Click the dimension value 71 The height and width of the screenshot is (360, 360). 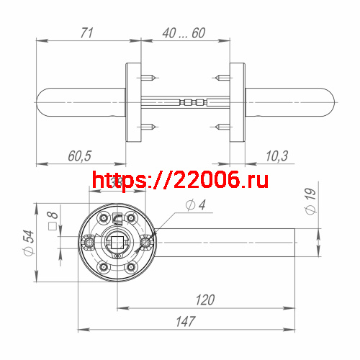(x=87, y=32)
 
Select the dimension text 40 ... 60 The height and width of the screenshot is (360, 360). (x=184, y=32)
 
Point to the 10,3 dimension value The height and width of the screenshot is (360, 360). (x=276, y=156)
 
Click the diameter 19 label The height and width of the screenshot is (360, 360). (x=310, y=201)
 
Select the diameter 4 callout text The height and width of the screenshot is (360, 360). (x=195, y=206)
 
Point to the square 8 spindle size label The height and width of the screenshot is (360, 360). (x=51, y=220)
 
